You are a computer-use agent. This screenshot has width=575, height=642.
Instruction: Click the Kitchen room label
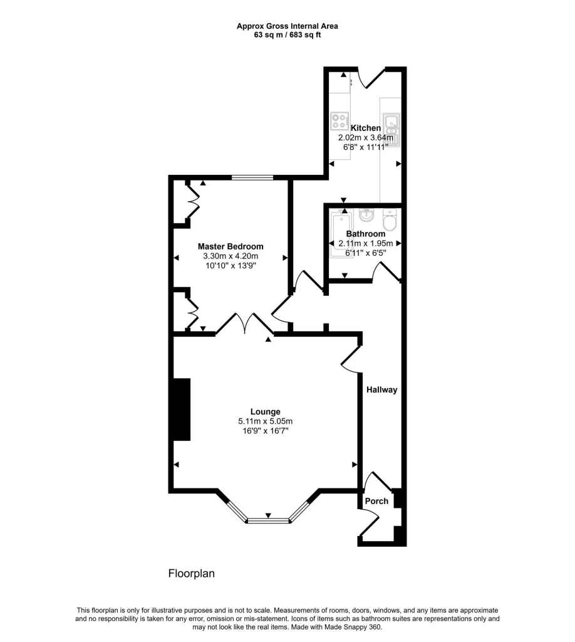point(365,128)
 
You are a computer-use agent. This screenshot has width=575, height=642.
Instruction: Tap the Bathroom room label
point(366,234)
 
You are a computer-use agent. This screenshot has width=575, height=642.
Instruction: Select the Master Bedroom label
point(231,246)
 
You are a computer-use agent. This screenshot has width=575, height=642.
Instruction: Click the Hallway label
point(382,389)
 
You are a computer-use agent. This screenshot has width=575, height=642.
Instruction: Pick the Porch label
point(377,501)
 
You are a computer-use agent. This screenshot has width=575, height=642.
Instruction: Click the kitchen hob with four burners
point(340,118)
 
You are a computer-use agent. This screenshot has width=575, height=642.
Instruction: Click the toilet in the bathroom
point(389,221)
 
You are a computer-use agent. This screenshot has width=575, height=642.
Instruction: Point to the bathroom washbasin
point(367,216)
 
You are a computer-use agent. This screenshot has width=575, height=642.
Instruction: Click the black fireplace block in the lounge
point(182,409)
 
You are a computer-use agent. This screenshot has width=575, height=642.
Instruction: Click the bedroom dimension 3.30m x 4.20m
point(231,256)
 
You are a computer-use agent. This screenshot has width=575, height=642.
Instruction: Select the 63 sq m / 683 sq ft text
point(287,35)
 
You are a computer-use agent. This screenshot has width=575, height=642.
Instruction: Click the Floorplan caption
point(192,573)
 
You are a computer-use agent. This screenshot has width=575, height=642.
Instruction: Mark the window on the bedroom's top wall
point(252,178)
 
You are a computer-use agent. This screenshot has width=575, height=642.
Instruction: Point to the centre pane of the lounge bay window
point(268,520)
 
